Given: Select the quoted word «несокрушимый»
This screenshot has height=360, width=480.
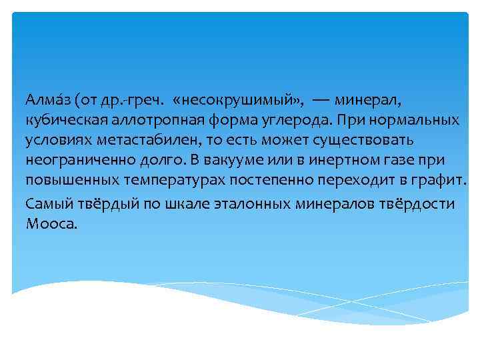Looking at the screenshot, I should pyautogui.click(x=237, y=101).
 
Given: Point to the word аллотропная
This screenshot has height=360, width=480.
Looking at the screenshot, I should pyautogui.click(x=148, y=121).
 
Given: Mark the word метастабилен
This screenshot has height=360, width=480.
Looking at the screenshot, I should pyautogui.click(x=134, y=141).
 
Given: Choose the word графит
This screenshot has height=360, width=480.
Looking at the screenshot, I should pyautogui.click(x=441, y=181).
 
